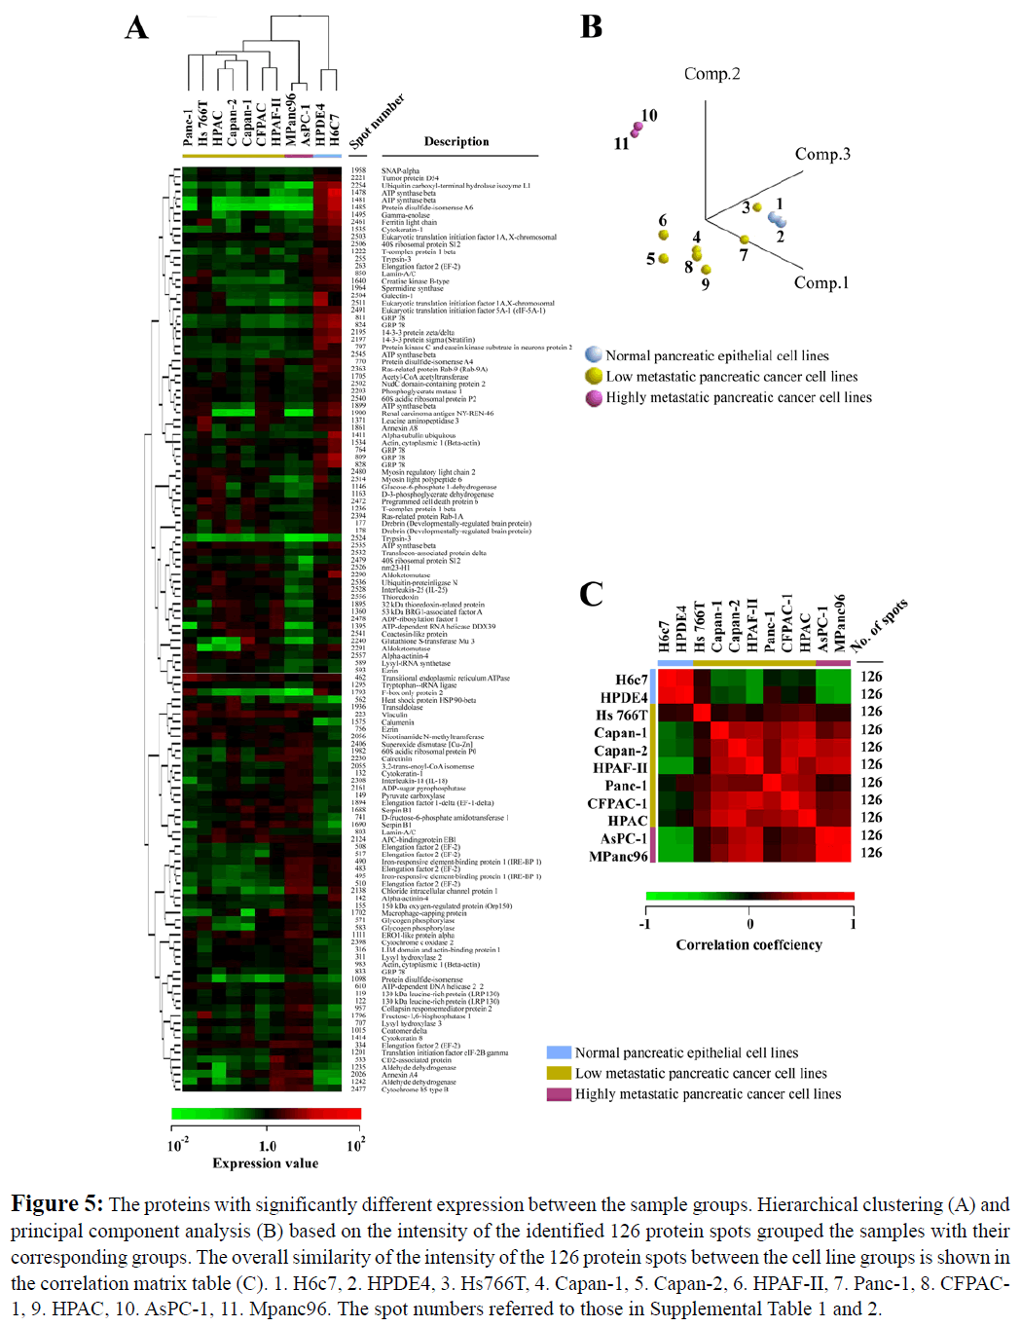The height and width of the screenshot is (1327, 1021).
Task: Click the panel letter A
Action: click(x=136, y=28)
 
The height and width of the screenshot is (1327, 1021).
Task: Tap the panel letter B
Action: click(x=591, y=27)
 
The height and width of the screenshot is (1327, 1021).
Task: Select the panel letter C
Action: click(x=591, y=594)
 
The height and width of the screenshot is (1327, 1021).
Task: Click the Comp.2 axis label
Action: click(x=711, y=74)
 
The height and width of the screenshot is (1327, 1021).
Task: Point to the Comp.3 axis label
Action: click(x=822, y=154)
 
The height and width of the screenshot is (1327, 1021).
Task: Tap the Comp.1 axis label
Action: click(x=820, y=282)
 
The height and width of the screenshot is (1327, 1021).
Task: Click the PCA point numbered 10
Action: click(x=638, y=127)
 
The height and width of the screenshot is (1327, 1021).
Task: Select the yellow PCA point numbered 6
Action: click(x=664, y=235)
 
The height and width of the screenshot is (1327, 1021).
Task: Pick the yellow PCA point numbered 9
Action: click(x=706, y=270)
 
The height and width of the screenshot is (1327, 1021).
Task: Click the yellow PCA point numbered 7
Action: click(x=745, y=240)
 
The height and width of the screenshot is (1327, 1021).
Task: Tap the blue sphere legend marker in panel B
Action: click(x=594, y=355)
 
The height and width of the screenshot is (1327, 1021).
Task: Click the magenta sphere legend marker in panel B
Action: click(x=594, y=397)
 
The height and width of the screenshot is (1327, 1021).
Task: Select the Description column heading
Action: click(x=456, y=142)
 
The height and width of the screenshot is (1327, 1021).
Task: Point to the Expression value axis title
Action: click(x=266, y=1162)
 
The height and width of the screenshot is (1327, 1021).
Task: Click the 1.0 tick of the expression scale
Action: click(x=268, y=1146)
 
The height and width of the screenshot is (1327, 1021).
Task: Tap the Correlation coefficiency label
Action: click(x=748, y=944)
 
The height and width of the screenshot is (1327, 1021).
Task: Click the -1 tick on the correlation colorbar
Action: click(x=645, y=924)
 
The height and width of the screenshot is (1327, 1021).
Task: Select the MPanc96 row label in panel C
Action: click(x=618, y=857)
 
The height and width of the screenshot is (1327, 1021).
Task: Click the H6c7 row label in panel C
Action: click(x=631, y=680)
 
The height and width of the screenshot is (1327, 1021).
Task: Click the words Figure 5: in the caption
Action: click(x=56, y=1204)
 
